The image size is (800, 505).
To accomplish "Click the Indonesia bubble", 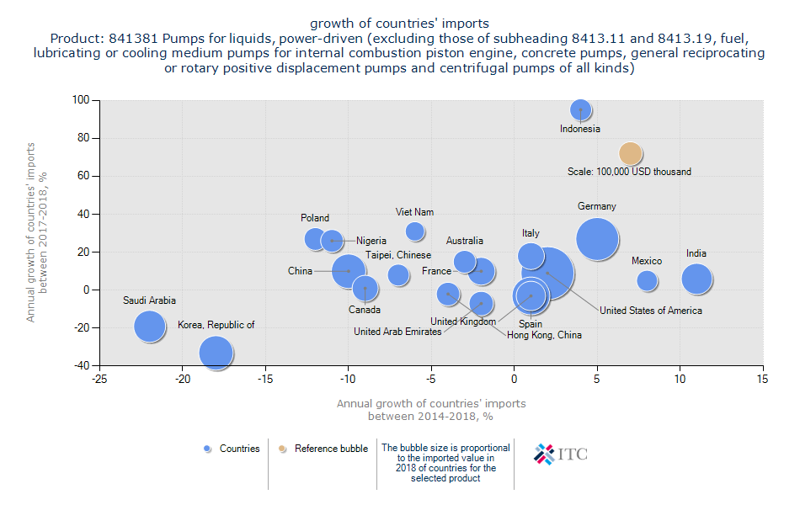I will coord(580,109).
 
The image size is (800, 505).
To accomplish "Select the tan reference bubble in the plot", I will coord(631,154).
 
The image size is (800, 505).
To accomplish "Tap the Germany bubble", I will coord(598,239).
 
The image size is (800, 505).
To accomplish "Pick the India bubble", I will coord(696,279).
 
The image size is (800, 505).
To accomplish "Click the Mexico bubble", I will coord(647,280).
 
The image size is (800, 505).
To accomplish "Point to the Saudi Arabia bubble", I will coord(150,327).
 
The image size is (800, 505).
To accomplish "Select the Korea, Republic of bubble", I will coord(216,353).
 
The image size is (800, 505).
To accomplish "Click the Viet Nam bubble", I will coord(414,231).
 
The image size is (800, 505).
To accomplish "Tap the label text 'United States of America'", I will coord(651,311).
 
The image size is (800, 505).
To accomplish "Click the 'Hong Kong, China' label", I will coord(544,335).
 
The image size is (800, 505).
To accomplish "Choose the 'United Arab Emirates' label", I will coord(397,332).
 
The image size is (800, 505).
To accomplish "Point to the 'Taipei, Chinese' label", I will coord(398,255).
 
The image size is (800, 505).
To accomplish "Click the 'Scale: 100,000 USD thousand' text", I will coord(629,172).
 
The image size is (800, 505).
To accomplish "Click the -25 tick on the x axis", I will coord(99,380).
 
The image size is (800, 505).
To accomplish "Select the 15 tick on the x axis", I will coord(763,380).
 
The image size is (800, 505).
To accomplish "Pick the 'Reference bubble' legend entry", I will coord(323,449).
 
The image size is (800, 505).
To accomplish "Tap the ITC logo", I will coord(561,454).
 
